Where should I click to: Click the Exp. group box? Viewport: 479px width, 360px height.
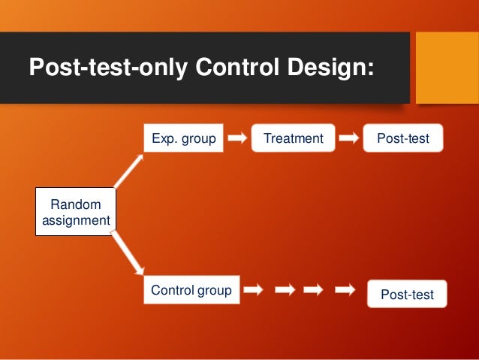pyautogui.click(x=184, y=138)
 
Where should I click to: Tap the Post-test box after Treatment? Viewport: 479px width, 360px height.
pyautogui.click(x=403, y=138)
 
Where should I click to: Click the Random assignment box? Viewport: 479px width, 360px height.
pyautogui.click(x=74, y=212)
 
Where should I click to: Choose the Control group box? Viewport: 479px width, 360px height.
pyautogui.click(x=191, y=290)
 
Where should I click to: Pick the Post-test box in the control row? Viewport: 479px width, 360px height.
pyautogui.click(x=407, y=295)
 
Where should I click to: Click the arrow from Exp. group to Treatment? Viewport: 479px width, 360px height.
pyautogui.click(x=237, y=138)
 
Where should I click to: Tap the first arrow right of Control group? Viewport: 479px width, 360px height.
pyautogui.click(x=254, y=290)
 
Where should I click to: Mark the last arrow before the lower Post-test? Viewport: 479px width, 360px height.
pyautogui.click(x=345, y=290)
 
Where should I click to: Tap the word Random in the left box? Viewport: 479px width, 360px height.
pyautogui.click(x=74, y=204)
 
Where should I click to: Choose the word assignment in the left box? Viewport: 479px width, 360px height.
pyautogui.click(x=74, y=220)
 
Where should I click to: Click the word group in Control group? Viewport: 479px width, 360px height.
pyautogui.click(x=215, y=290)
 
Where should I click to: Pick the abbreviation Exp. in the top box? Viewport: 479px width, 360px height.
pyautogui.click(x=164, y=138)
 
